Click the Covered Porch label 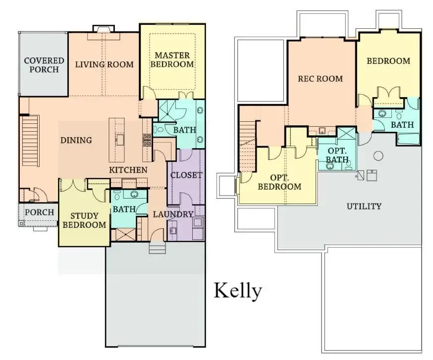tap(44, 65)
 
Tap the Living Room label tap(104, 64)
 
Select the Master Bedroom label tap(172, 59)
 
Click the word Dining tap(76, 140)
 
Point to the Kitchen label tap(128, 170)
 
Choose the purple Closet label tap(186, 175)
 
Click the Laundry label tap(172, 214)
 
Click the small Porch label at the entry tap(39, 212)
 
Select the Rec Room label tap(320, 78)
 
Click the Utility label tap(364, 206)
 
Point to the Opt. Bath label tap(337, 154)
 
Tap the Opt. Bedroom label tap(278, 182)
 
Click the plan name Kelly tap(237, 291)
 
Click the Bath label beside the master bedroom tap(184, 130)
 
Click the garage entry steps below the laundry tap(158, 248)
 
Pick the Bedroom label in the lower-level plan tap(388, 61)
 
